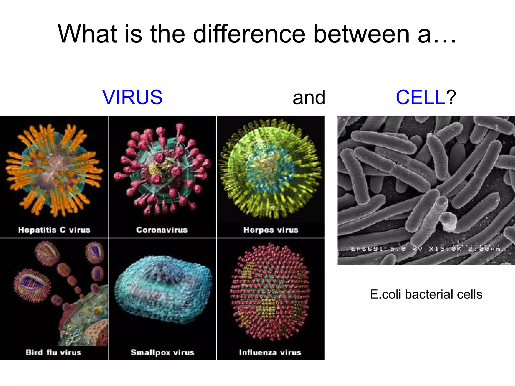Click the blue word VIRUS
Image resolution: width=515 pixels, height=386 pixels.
tap(132, 97)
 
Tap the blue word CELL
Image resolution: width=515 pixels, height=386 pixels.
tap(420, 97)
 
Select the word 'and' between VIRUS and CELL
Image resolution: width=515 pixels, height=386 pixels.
tap(309, 98)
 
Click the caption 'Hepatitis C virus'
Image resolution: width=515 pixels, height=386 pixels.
tap(54, 230)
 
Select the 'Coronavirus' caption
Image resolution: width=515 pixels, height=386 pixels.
tap(162, 230)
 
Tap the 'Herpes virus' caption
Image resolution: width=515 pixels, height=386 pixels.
tap(271, 230)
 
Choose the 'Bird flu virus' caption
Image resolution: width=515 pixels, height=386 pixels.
tap(53, 352)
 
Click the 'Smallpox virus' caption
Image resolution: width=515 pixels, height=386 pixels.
tap(162, 352)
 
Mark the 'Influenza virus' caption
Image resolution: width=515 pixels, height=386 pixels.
tap(270, 352)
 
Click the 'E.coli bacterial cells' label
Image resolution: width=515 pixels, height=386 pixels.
tap(426, 294)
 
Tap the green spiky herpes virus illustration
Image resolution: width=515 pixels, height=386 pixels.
tap(270, 168)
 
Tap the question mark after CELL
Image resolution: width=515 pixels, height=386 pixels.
tap(451, 97)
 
